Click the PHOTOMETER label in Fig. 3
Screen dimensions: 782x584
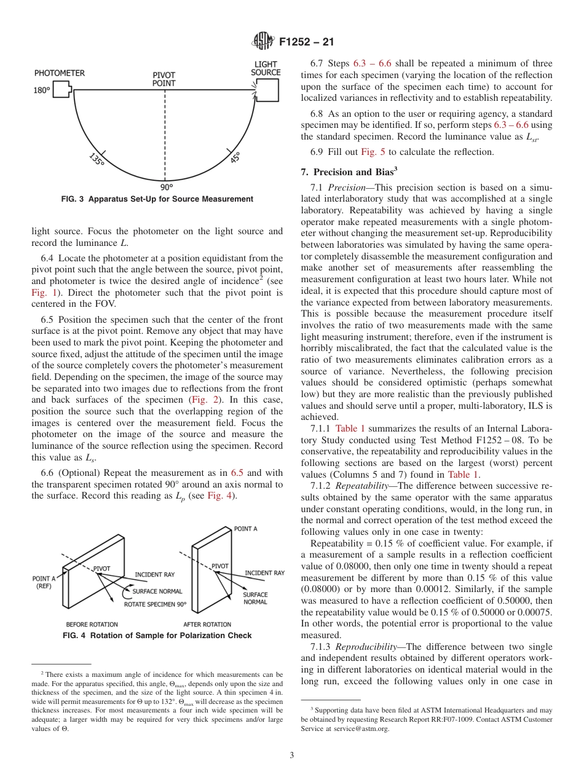(59, 73)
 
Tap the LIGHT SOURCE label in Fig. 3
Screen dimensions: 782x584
(266, 68)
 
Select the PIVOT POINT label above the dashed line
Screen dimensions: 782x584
(164, 79)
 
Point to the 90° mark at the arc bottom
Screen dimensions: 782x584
(167, 187)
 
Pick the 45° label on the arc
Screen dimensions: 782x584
(235, 157)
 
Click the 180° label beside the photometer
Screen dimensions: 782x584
(41, 90)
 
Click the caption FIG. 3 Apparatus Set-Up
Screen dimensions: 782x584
(157, 199)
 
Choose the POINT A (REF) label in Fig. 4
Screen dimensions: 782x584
(44, 582)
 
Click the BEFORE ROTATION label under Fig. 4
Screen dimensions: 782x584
(92, 623)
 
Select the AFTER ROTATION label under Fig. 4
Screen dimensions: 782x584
(207, 623)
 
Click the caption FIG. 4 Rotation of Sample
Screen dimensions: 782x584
(157, 636)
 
